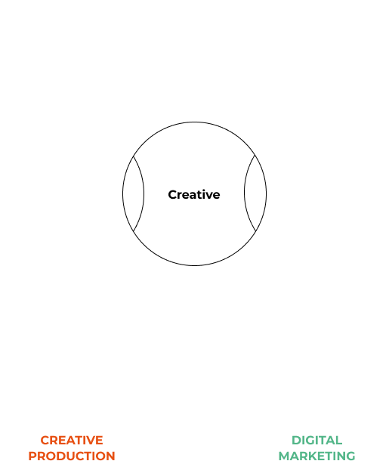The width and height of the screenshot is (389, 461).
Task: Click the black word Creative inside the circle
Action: [194, 195]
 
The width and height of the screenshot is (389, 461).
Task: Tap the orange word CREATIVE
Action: [72, 441]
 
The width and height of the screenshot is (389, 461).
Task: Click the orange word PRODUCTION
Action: [72, 456]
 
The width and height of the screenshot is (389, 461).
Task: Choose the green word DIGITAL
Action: [316, 441]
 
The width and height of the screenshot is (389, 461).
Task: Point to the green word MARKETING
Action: [316, 456]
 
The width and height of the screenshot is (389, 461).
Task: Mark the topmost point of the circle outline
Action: [195, 122]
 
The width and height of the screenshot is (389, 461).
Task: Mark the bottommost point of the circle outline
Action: [195, 266]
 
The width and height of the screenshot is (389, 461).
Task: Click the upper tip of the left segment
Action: [134, 156]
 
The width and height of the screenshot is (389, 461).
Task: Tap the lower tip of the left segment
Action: [134, 232]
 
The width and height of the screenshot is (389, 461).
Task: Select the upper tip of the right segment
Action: [255, 155]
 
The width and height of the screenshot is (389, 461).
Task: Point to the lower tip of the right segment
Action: [256, 231]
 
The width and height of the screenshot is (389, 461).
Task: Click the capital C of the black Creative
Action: [172, 195]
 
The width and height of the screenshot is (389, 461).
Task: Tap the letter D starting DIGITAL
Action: [296, 441]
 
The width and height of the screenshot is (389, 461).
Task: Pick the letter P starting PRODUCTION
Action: [32, 456]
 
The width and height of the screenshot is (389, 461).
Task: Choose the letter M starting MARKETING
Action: [284, 456]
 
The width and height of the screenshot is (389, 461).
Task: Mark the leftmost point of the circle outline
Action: [122, 193]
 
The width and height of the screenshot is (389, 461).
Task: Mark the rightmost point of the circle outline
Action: [267, 193]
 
